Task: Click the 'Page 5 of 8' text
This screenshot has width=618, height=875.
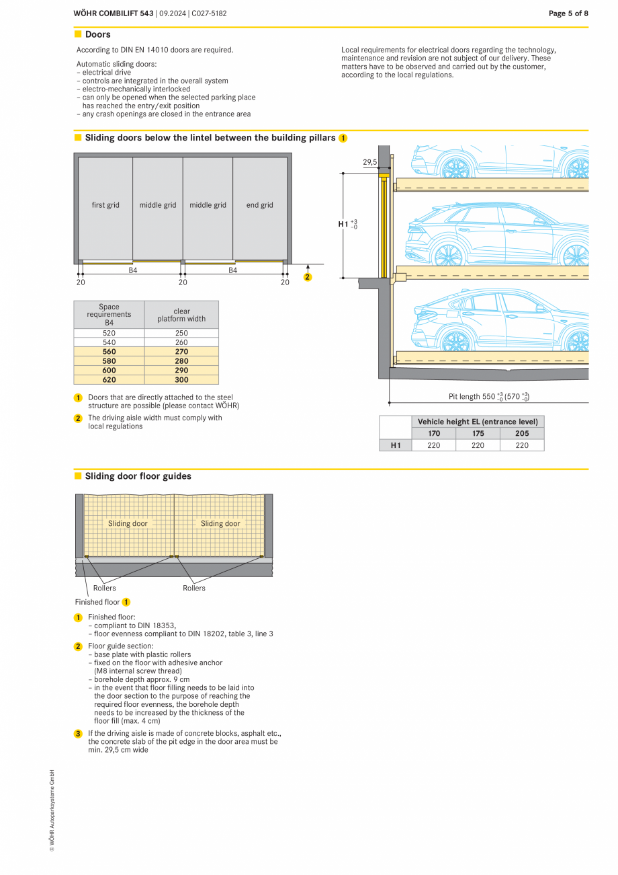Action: point(568,13)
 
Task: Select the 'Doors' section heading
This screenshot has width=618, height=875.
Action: point(97,34)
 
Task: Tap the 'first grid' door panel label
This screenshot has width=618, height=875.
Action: point(105,205)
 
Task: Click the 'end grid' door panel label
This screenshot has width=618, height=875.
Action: point(259,205)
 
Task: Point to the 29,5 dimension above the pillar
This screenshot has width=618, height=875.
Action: point(369,162)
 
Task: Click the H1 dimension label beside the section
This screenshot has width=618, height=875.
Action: point(347,224)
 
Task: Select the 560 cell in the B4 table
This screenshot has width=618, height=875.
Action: point(109,352)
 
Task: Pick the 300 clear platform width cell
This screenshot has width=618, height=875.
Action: point(181,380)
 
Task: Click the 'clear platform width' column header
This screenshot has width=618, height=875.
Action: point(181,315)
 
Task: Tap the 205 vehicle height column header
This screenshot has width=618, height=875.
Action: point(522,434)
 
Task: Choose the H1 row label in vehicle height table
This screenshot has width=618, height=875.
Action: point(395,445)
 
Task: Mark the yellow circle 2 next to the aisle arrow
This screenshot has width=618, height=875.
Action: point(308,277)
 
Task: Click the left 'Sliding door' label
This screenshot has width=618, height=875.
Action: point(128,523)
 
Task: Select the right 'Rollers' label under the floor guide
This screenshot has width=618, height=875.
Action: point(194,588)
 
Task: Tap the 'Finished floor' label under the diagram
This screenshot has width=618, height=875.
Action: point(97,602)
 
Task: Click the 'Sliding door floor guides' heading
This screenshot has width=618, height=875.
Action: point(138,476)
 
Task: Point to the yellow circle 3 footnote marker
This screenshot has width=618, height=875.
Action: point(78,734)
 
